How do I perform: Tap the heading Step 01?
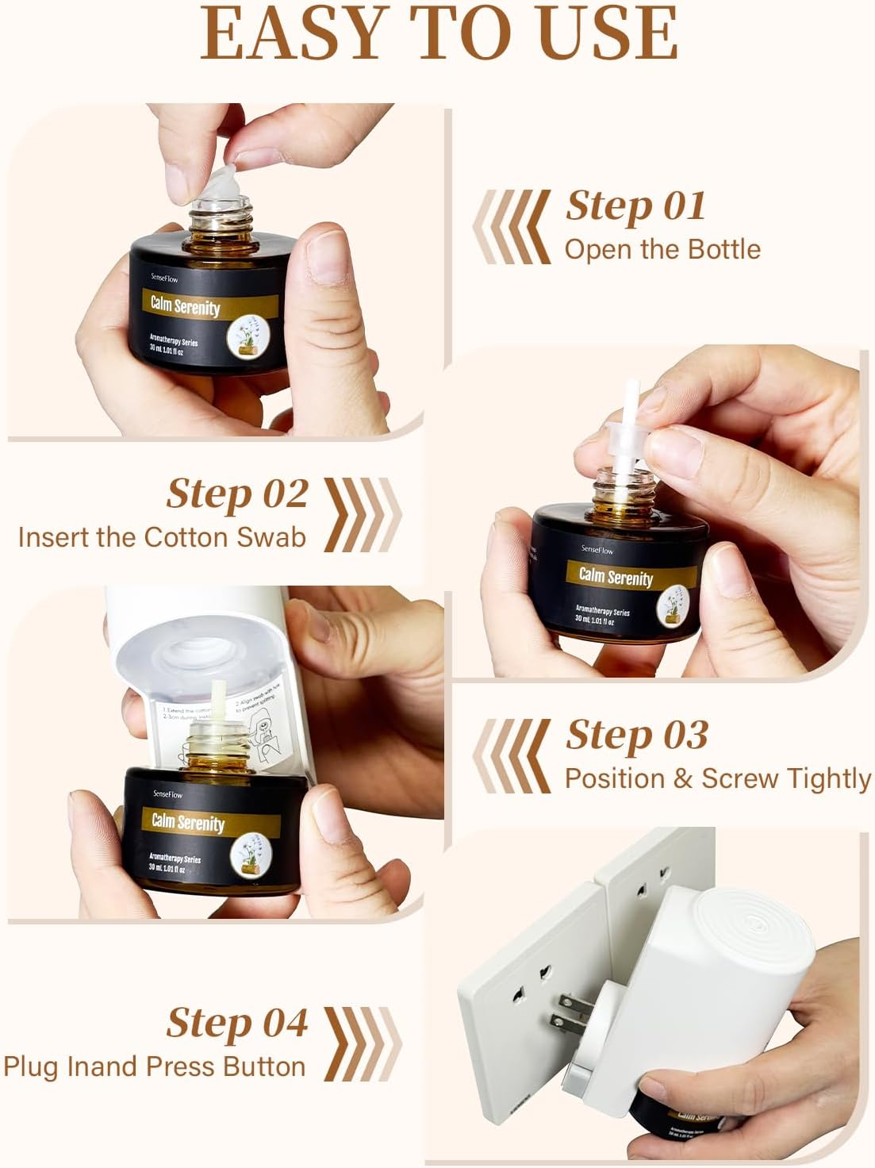[x=635, y=206]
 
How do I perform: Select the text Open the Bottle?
[x=662, y=249]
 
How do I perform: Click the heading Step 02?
[x=237, y=494]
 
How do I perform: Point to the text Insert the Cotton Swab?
[x=162, y=537]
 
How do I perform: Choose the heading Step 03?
[x=637, y=735]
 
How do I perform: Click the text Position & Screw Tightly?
[x=717, y=778]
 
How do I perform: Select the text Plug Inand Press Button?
[x=155, y=1066]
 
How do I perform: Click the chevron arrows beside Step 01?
[x=512, y=226]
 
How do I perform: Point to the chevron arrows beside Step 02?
[x=363, y=515]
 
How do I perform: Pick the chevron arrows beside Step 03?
[x=512, y=755]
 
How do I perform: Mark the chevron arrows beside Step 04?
[x=363, y=1043]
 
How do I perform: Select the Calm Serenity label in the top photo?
[x=186, y=306]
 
